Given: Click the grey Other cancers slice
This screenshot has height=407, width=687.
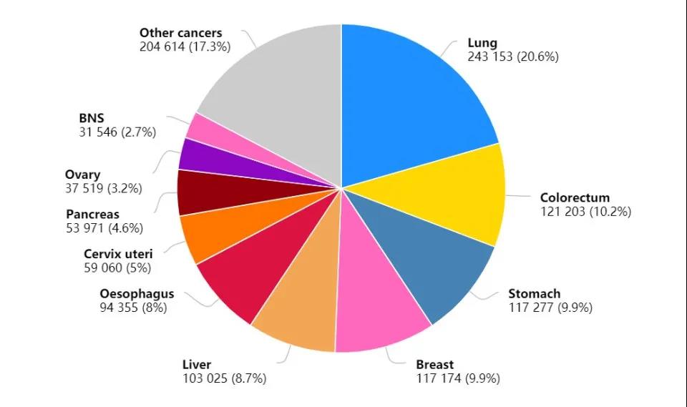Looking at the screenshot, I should coord(279,93).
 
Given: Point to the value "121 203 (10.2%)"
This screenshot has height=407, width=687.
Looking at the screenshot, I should coord(585,212).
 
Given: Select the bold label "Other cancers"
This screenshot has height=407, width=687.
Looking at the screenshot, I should coord(180,33).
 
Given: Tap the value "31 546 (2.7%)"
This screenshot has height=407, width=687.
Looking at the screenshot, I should coord(117,132).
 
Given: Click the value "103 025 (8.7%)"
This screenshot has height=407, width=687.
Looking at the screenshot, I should coord(224,379).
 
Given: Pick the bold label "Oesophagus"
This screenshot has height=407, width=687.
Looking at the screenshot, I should coord(137,294).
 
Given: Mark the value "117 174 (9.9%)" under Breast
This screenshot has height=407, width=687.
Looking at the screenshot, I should coord(458,379).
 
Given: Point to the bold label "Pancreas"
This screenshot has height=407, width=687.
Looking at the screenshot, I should coord(92,215).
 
